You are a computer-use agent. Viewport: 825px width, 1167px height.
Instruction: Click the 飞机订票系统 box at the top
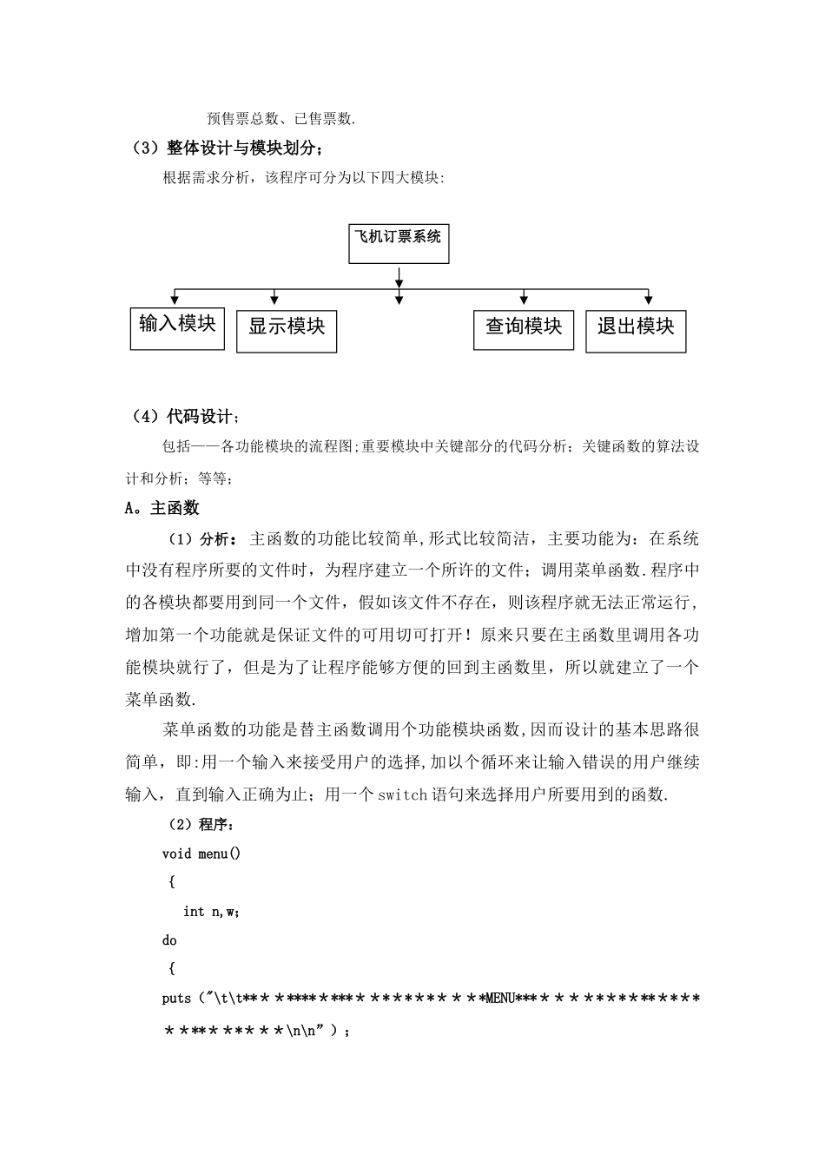(x=399, y=243)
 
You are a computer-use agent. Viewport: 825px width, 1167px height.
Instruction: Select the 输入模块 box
(x=177, y=328)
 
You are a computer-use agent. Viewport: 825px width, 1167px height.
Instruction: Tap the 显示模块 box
(x=287, y=331)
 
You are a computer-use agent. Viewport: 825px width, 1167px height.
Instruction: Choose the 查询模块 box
(x=523, y=330)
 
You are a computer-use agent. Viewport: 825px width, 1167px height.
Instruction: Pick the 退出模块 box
(x=636, y=331)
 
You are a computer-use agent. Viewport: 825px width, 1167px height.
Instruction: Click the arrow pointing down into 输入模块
(x=176, y=297)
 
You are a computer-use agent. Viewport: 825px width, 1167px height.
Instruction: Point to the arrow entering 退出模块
(x=648, y=297)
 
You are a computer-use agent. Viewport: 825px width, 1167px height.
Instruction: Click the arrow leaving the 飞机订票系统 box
(x=399, y=276)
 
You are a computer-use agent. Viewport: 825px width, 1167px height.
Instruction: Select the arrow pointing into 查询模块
(x=523, y=297)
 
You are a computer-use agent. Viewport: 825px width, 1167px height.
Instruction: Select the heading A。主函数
(x=163, y=508)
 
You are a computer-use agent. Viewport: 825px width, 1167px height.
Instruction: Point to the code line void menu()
(x=201, y=854)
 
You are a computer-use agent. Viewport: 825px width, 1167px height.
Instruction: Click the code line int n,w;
(x=211, y=911)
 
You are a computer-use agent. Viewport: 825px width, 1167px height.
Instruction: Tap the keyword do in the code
(x=169, y=940)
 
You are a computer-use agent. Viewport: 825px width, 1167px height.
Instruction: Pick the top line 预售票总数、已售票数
(x=281, y=119)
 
